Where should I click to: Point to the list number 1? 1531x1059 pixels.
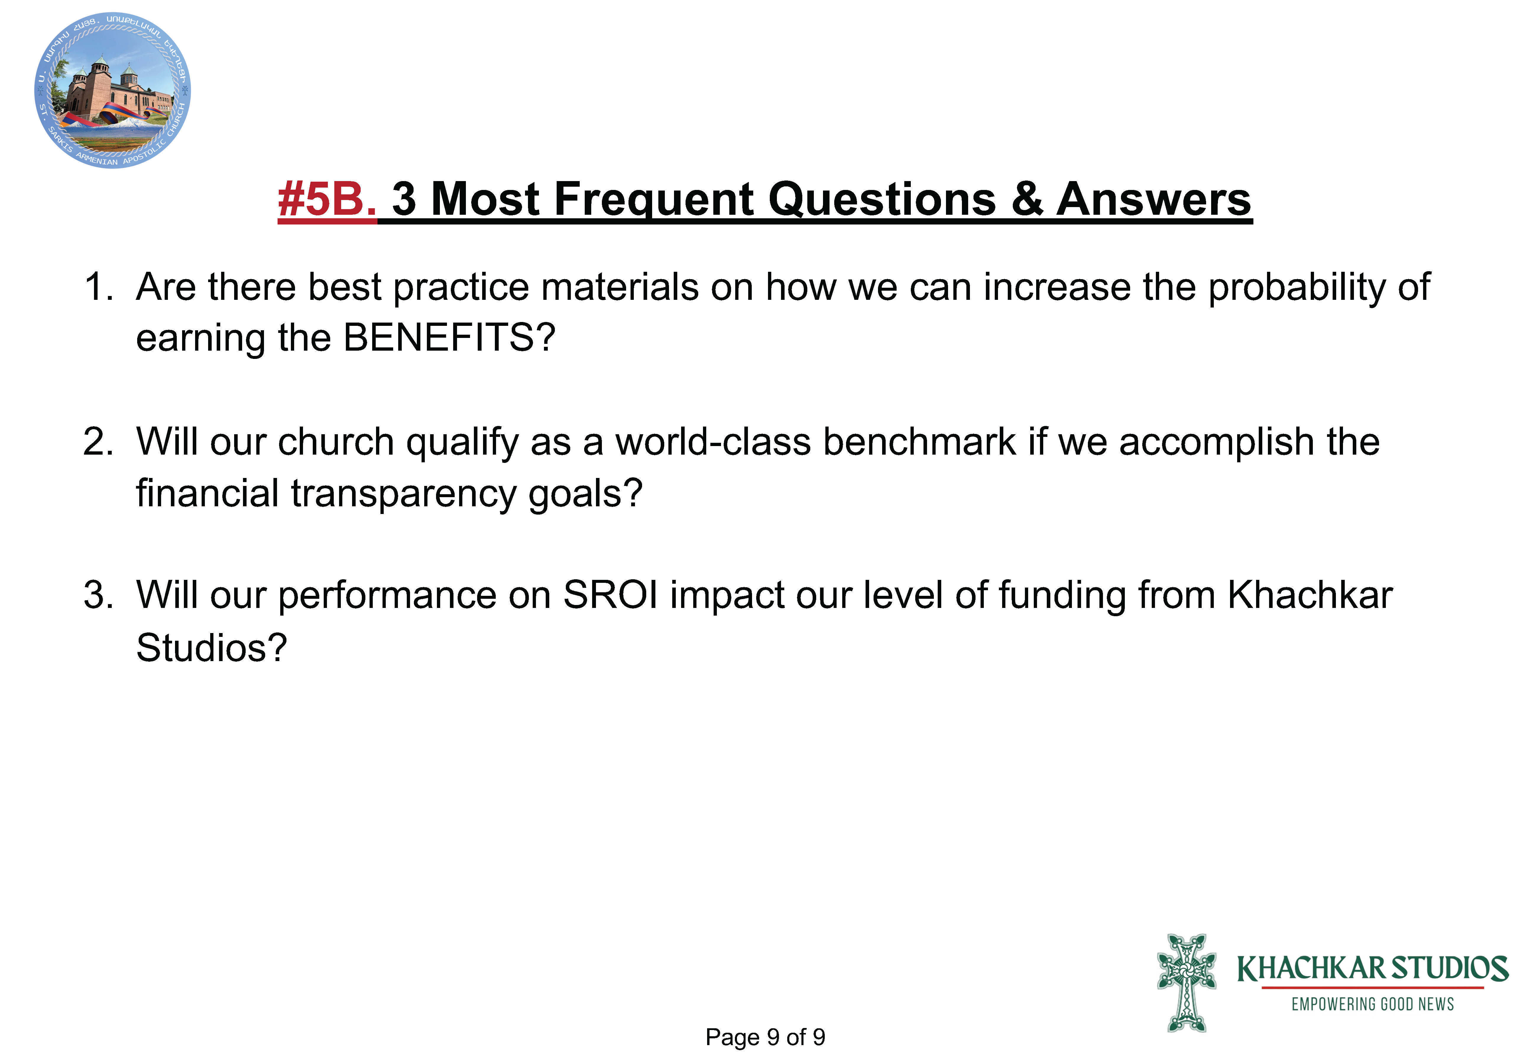pos(98,287)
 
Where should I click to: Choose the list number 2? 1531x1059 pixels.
pos(98,442)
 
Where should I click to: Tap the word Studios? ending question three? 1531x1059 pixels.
pos(211,648)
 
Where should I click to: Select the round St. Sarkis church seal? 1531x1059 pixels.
pos(113,90)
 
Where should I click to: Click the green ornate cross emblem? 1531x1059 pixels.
pos(1186,983)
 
